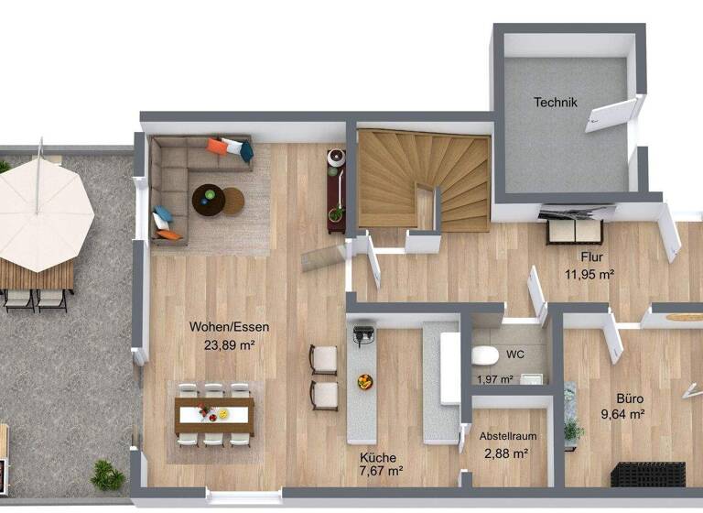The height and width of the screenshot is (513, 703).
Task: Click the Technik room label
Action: tap(556, 103)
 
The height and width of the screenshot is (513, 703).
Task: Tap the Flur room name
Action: tap(589, 257)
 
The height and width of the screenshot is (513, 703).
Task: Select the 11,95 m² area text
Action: tap(589, 273)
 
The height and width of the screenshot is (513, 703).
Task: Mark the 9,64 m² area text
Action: tap(622, 414)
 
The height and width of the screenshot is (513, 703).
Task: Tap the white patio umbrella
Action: tap(41, 216)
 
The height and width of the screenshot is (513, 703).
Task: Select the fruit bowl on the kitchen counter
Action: tap(366, 381)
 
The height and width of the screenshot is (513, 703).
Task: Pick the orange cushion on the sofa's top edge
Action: tap(218, 147)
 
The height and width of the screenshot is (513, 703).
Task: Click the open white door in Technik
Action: tap(611, 115)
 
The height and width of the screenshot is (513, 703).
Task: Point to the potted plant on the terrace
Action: tap(107, 475)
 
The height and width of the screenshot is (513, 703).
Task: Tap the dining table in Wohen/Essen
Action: tap(214, 415)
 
